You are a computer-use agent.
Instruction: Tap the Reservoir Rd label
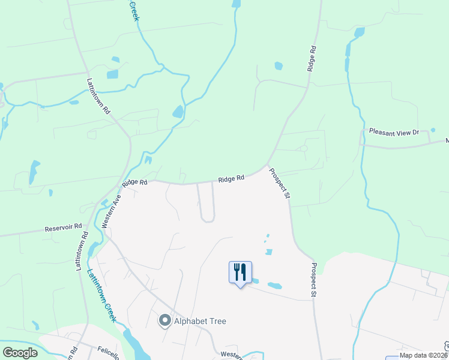point(62,229)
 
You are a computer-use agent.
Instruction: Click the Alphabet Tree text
point(200,321)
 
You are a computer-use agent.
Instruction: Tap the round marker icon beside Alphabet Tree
point(164,321)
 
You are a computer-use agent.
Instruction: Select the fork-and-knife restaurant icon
point(240,272)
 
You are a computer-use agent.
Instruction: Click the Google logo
point(19,353)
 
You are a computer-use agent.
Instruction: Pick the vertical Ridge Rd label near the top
point(311,58)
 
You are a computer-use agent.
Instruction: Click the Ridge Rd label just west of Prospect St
point(231,178)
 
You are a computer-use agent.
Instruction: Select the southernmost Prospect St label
point(313,280)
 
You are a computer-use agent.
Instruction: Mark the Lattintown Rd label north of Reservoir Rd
point(98,96)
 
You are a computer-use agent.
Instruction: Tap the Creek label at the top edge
point(134,11)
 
